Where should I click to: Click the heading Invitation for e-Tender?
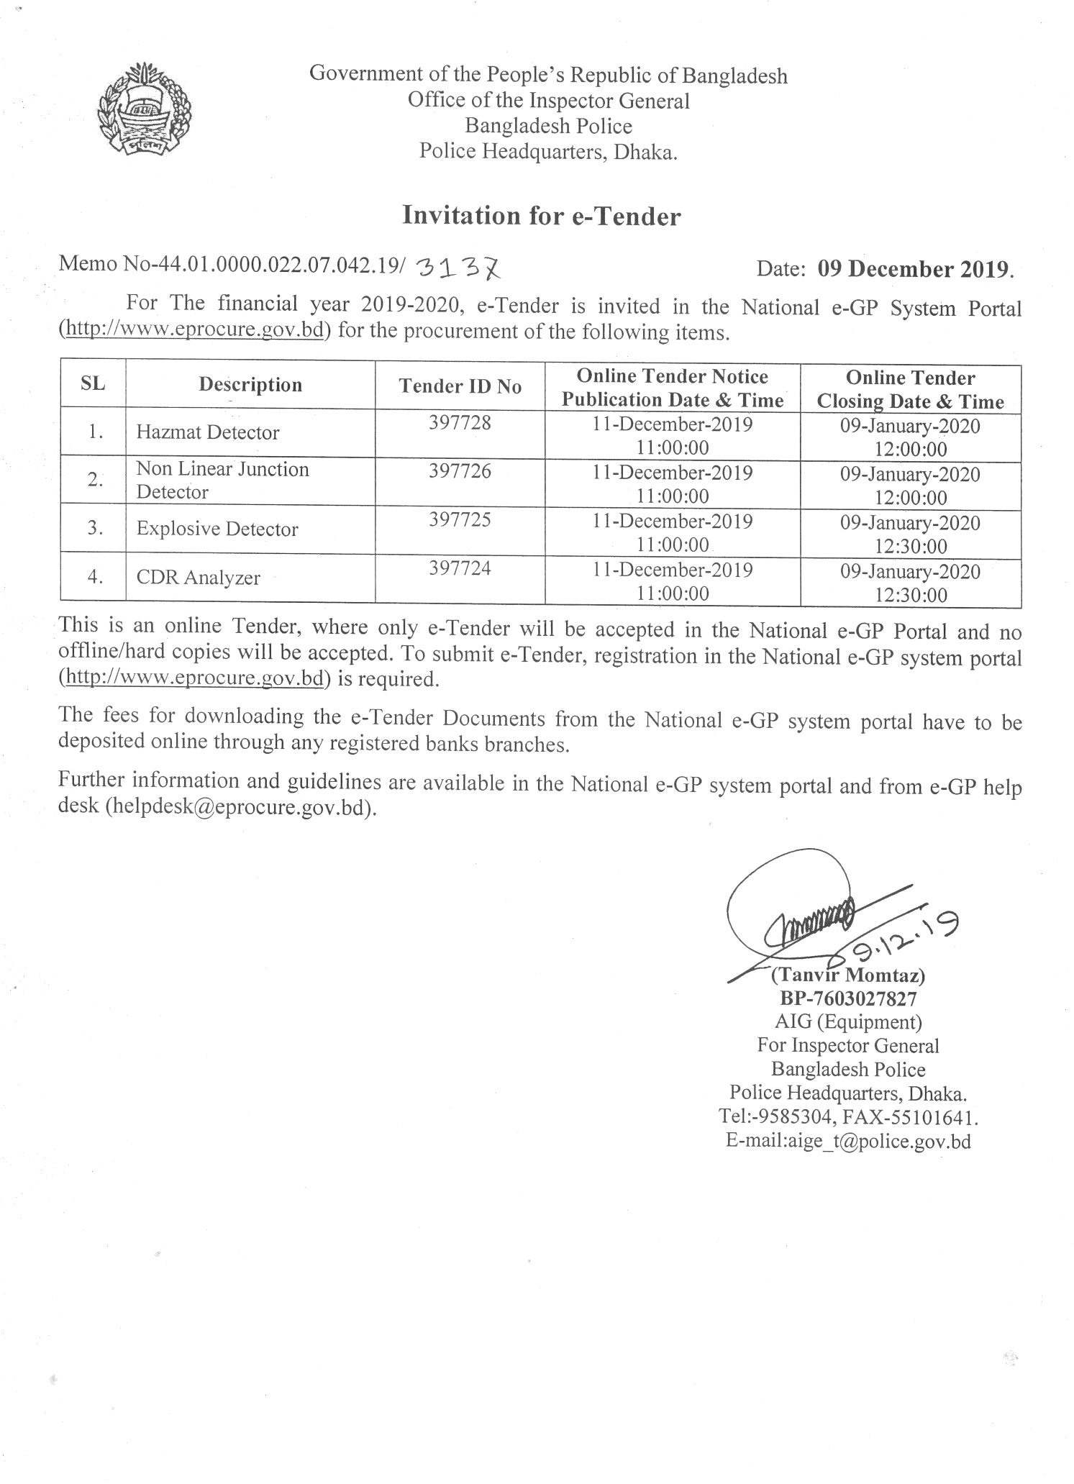click(x=541, y=216)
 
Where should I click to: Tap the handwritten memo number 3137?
click(x=458, y=268)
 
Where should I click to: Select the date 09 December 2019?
click(x=914, y=269)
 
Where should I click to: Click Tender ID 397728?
click(x=460, y=423)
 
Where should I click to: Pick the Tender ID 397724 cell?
click(x=460, y=569)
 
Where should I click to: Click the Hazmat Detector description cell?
click(x=208, y=432)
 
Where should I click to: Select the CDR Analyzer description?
click(x=199, y=578)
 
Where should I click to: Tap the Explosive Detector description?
click(x=217, y=529)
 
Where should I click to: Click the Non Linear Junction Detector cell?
click(x=222, y=481)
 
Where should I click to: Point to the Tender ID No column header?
click(x=460, y=386)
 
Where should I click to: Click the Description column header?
click(x=250, y=385)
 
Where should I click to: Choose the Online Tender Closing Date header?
click(x=910, y=389)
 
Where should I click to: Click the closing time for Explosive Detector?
click(x=911, y=547)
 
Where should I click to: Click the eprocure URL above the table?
click(x=194, y=332)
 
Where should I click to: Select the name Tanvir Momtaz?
click(x=848, y=975)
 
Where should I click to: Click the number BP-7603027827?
click(x=848, y=998)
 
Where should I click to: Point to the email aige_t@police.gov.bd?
click(x=848, y=1141)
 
